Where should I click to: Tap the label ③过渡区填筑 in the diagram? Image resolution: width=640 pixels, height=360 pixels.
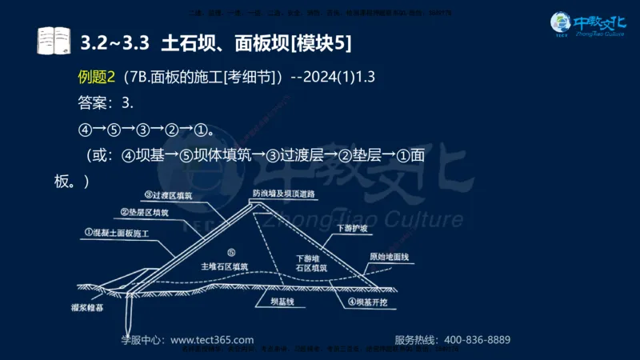[x=169, y=194]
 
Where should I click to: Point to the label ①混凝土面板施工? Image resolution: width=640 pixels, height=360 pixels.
[x=117, y=232]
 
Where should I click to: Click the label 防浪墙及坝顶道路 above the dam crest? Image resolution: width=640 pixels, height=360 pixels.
[x=282, y=194]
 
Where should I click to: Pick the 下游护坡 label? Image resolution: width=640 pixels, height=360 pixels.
[x=353, y=228]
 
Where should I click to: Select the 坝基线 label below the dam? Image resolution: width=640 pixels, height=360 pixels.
[x=283, y=302]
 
